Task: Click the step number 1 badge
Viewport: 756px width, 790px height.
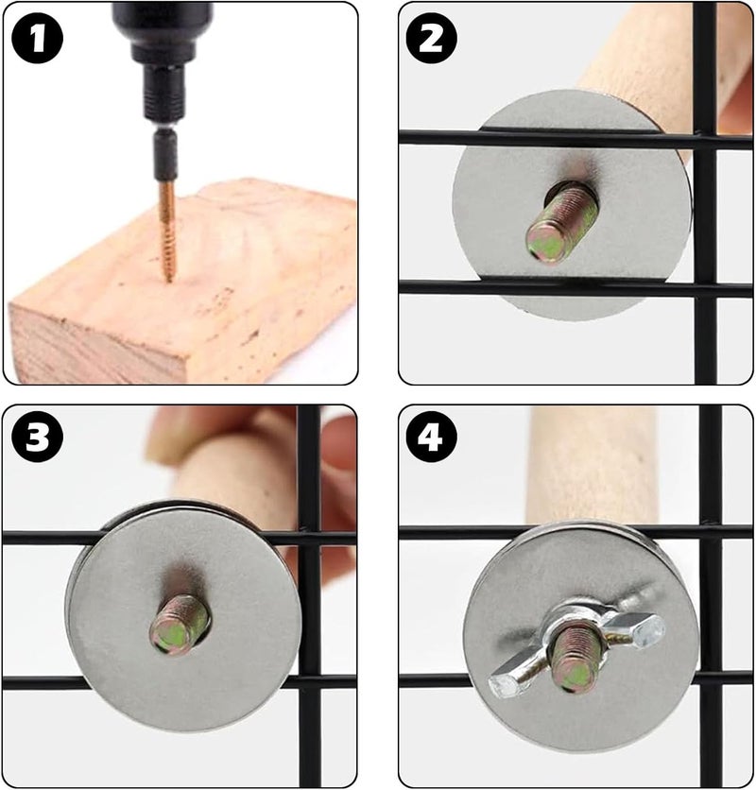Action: tap(38, 39)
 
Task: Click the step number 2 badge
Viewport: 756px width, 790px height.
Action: tap(430, 39)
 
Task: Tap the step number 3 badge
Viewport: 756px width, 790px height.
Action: tap(38, 438)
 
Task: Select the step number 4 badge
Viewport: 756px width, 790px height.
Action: tap(430, 438)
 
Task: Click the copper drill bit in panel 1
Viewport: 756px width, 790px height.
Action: tap(167, 231)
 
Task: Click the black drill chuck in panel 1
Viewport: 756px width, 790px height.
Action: tap(162, 60)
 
